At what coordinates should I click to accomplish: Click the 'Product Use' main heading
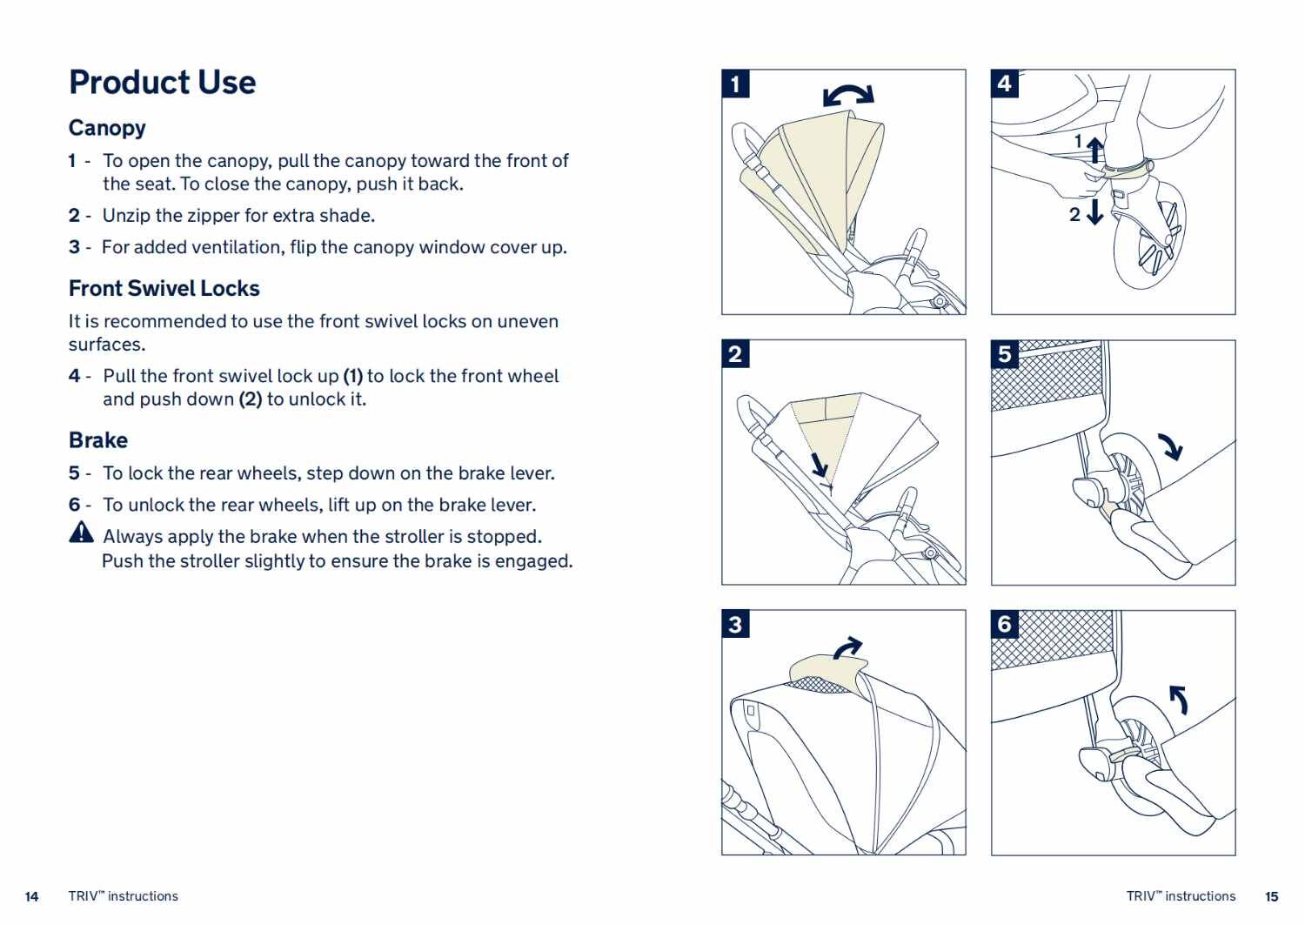pyautogui.click(x=162, y=83)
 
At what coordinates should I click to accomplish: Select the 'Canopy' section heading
pyautogui.click(x=107, y=128)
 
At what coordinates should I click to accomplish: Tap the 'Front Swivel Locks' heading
pyautogui.click(x=164, y=288)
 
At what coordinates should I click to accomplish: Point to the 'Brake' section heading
pyautogui.click(x=97, y=440)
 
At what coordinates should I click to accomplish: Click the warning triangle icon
pyautogui.click(x=81, y=532)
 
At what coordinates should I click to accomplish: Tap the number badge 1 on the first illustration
pyautogui.click(x=736, y=84)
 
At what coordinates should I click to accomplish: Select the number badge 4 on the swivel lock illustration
pyautogui.click(x=1005, y=84)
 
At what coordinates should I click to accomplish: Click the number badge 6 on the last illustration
pyautogui.click(x=1005, y=624)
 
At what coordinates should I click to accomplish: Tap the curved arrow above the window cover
pyautogui.click(x=847, y=648)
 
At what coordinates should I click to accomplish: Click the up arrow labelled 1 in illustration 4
pyautogui.click(x=1095, y=149)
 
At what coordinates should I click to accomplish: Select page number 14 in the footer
pyautogui.click(x=32, y=896)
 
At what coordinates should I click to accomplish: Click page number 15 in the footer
pyautogui.click(x=1271, y=896)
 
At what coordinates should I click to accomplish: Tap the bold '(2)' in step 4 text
pyautogui.click(x=250, y=399)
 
